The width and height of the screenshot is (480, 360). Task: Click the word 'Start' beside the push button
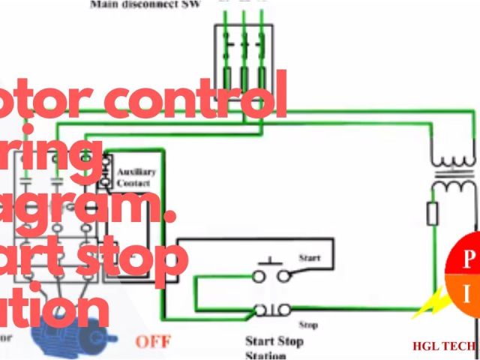[309, 258]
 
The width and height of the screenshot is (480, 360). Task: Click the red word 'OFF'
[153, 341]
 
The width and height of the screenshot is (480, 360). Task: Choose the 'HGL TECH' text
[444, 346]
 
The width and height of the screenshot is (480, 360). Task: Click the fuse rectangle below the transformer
[433, 214]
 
